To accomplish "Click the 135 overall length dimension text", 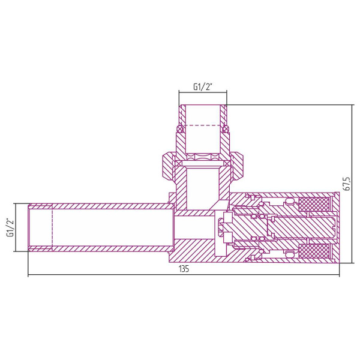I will [x=184, y=269].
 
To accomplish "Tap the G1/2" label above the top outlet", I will [x=202, y=87].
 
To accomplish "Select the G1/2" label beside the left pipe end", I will [x=10, y=227].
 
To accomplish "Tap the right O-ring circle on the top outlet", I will [x=226, y=128].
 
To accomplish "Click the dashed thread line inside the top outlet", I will [x=202, y=124].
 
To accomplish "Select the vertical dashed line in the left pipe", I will [x=52, y=227].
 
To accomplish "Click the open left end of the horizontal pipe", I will [x=29, y=227].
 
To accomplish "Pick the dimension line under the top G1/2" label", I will [x=202, y=93].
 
